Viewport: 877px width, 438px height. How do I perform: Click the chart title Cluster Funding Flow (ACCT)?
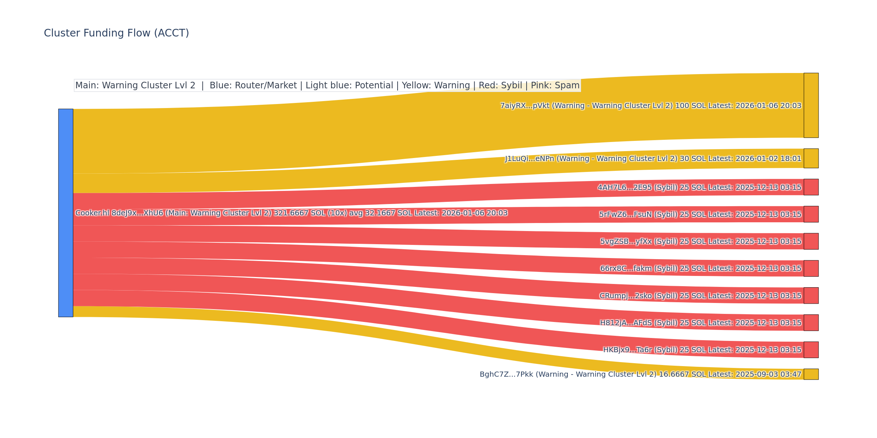(116, 33)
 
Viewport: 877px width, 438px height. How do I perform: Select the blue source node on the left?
(66, 213)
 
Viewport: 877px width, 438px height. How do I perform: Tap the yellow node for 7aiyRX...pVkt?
(811, 105)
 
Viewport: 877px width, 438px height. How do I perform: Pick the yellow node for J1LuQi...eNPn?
(811, 158)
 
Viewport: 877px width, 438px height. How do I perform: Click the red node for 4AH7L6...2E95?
(811, 187)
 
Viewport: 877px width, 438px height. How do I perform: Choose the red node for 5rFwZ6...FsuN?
(811, 214)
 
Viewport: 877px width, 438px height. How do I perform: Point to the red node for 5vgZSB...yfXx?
(811, 241)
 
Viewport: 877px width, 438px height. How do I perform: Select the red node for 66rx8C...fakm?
(811, 268)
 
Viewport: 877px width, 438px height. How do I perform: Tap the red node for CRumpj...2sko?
(811, 296)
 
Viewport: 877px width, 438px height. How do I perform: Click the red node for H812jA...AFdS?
(811, 323)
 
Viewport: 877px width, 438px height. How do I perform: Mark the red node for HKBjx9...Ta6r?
(811, 350)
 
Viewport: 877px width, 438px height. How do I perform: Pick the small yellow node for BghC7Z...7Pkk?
(811, 374)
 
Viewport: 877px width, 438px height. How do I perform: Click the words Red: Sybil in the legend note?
(498, 85)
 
